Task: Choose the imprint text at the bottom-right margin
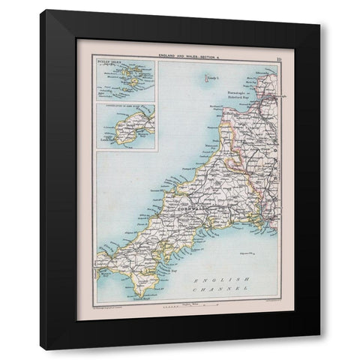(x=261, y=309)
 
